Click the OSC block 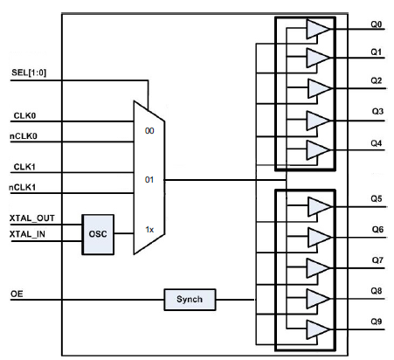click(x=98, y=234)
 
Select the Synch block click(x=190, y=300)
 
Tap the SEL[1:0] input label click(x=29, y=73)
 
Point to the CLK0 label click(x=24, y=115)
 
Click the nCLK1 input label click(x=23, y=187)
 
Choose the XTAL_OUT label click(x=32, y=218)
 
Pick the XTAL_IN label click(x=27, y=234)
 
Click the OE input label click(x=17, y=294)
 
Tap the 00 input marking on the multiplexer click(x=149, y=131)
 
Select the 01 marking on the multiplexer click(x=149, y=180)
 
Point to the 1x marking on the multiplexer click(x=149, y=230)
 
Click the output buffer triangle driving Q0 click(x=318, y=29)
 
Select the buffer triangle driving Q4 click(x=318, y=150)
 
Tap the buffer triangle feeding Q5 click(x=320, y=207)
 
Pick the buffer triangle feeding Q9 click(x=318, y=329)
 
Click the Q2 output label click(x=377, y=80)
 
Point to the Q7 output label click(x=377, y=260)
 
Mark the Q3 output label click(x=377, y=111)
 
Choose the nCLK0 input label click(x=24, y=136)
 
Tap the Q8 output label click(x=377, y=291)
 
